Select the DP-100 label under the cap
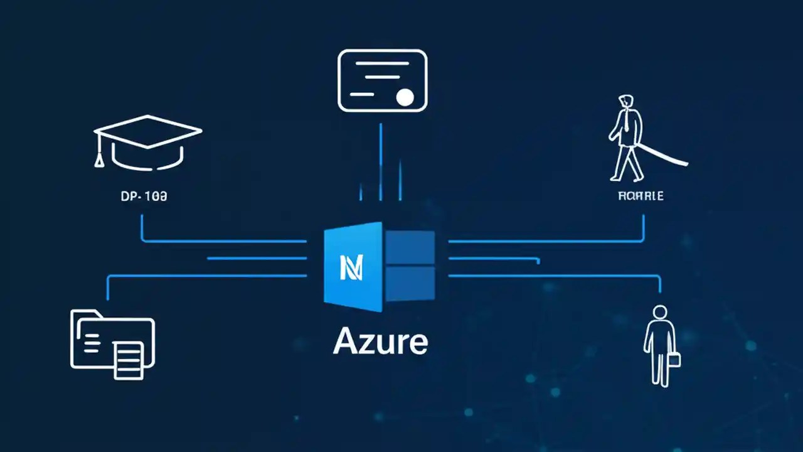click(144, 196)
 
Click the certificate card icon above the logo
click(382, 81)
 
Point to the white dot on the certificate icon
click(405, 97)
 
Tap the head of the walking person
click(625, 102)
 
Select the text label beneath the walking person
click(641, 196)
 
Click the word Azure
click(380, 342)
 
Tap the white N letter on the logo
click(351, 267)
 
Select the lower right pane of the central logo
click(410, 284)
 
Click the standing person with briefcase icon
click(661, 345)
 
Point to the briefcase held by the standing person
click(674, 360)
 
